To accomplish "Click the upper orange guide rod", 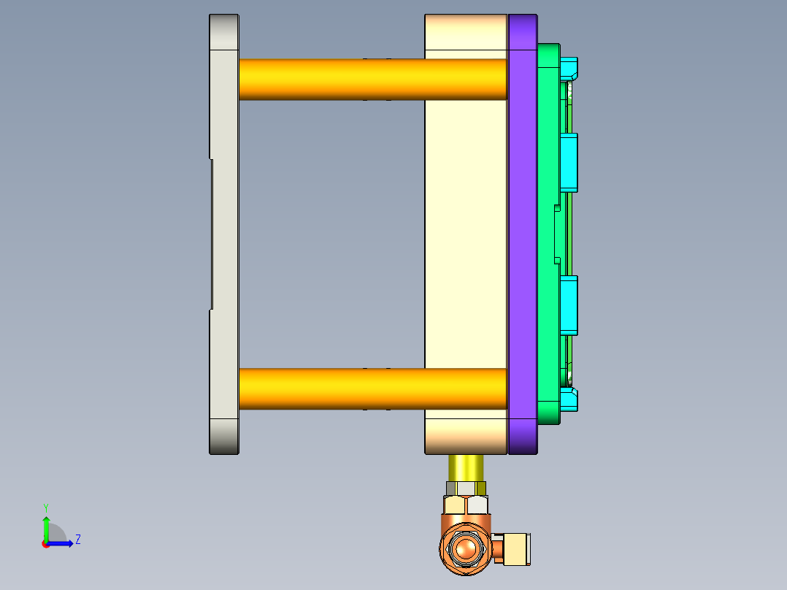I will [372, 79].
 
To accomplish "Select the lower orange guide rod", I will [372, 388].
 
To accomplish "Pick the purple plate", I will [522, 234].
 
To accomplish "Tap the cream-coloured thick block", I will [466, 234].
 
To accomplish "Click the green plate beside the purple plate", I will [548, 234].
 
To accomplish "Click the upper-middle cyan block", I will [569, 162].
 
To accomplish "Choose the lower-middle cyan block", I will [569, 304].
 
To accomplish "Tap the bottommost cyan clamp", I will [569, 400].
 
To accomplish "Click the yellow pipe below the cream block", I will [466, 467].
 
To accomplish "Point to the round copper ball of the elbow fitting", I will [464, 548].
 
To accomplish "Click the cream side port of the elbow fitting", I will [517, 549].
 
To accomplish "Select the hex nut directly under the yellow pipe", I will [466, 488].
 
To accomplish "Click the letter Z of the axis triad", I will [77, 540].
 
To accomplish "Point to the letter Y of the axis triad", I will [45, 507].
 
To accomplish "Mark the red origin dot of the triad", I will [45, 544].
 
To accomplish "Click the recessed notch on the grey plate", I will [212, 234].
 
